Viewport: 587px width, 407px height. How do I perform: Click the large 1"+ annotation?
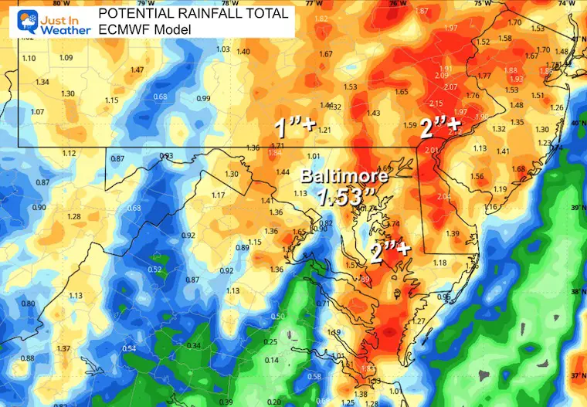(x=296, y=125)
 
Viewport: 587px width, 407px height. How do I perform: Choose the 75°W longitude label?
(x=483, y=3)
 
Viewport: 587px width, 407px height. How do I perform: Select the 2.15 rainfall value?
(x=436, y=103)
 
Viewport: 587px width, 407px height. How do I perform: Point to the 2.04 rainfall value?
(x=443, y=197)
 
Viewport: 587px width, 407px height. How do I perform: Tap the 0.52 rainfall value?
(x=155, y=270)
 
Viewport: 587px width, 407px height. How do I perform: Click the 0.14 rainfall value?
(x=272, y=361)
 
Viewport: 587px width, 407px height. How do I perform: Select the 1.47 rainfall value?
(x=137, y=70)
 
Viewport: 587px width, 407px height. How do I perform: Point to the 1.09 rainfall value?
(x=66, y=58)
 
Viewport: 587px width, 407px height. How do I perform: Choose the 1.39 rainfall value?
(x=453, y=233)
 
